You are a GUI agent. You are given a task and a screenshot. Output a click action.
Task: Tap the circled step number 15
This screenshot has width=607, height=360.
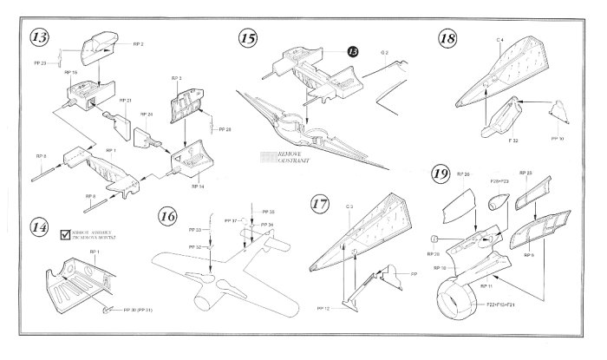(x=249, y=38)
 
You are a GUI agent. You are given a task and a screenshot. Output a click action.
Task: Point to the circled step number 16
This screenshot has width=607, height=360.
(x=170, y=214)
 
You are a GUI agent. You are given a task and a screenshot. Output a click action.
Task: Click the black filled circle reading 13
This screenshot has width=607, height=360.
(x=352, y=51)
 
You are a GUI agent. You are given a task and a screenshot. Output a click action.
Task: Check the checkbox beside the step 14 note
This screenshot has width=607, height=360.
(x=64, y=234)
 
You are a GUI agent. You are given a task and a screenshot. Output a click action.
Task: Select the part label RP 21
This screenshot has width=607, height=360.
(x=124, y=100)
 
